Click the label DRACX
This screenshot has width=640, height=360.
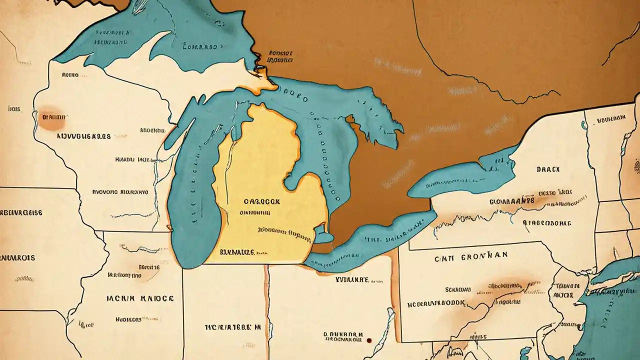click(548, 169)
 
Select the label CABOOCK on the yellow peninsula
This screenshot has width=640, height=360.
click(262, 201)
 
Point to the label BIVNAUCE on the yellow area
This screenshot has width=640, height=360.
click(237, 253)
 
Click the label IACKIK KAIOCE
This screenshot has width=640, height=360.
click(140, 298)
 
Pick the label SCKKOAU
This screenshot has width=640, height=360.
click(459, 289)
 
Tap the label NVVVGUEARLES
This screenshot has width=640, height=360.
click(83, 135)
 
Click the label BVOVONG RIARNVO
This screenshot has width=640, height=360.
click(120, 191)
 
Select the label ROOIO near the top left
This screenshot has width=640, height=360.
click(70, 75)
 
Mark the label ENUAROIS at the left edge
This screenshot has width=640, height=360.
click(17, 258)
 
